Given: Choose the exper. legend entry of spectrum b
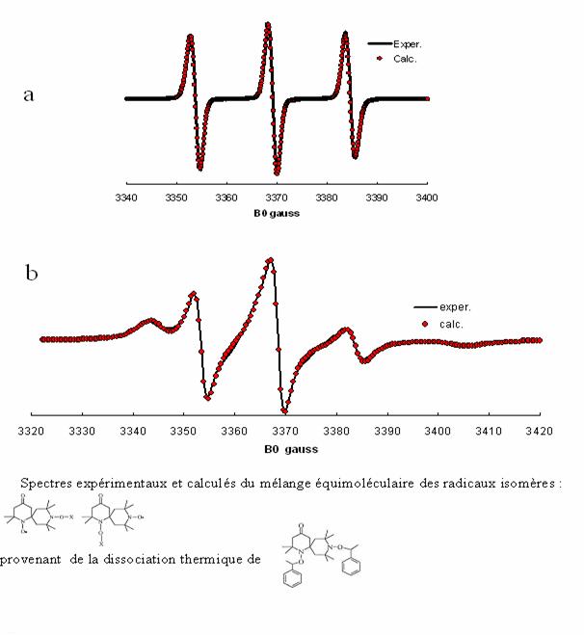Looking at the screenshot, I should (x=451, y=307).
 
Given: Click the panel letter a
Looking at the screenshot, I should (x=29, y=96).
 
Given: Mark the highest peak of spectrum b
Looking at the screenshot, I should (x=271, y=258).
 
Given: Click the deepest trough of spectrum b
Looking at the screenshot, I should (x=283, y=410).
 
